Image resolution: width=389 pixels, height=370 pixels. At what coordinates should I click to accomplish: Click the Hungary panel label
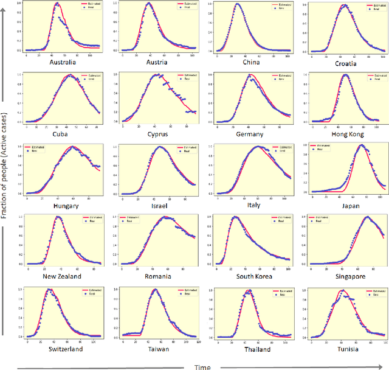coord(66,206)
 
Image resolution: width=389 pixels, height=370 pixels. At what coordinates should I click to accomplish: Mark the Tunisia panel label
coord(344,348)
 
